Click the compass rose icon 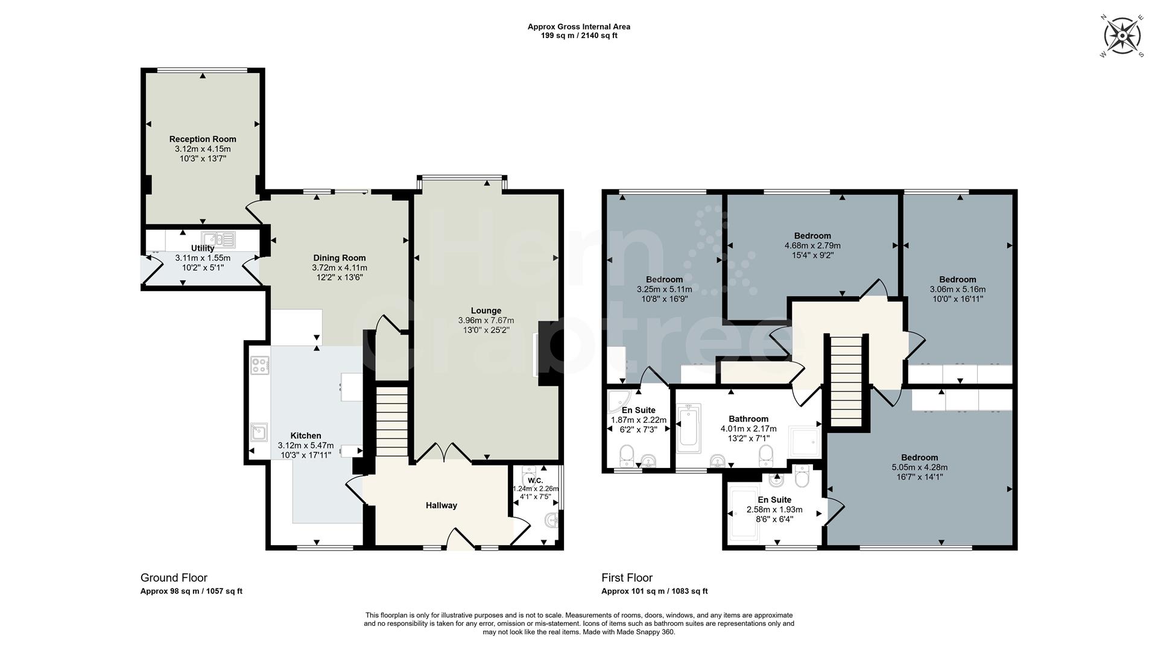pos(1122,37)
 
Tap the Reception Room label pos(203,139)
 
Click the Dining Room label pos(339,258)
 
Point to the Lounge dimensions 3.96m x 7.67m pos(486,321)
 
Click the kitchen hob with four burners pos(260,365)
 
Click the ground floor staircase pos(392,422)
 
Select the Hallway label pos(441,505)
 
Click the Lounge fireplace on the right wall pos(549,353)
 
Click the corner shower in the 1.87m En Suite pos(618,401)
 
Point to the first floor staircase pos(847,380)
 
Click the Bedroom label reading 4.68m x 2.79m pos(812,236)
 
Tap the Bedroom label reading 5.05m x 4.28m pos(919,458)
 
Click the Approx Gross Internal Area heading pos(578,27)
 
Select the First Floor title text pos(627,578)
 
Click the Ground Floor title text pos(174,578)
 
